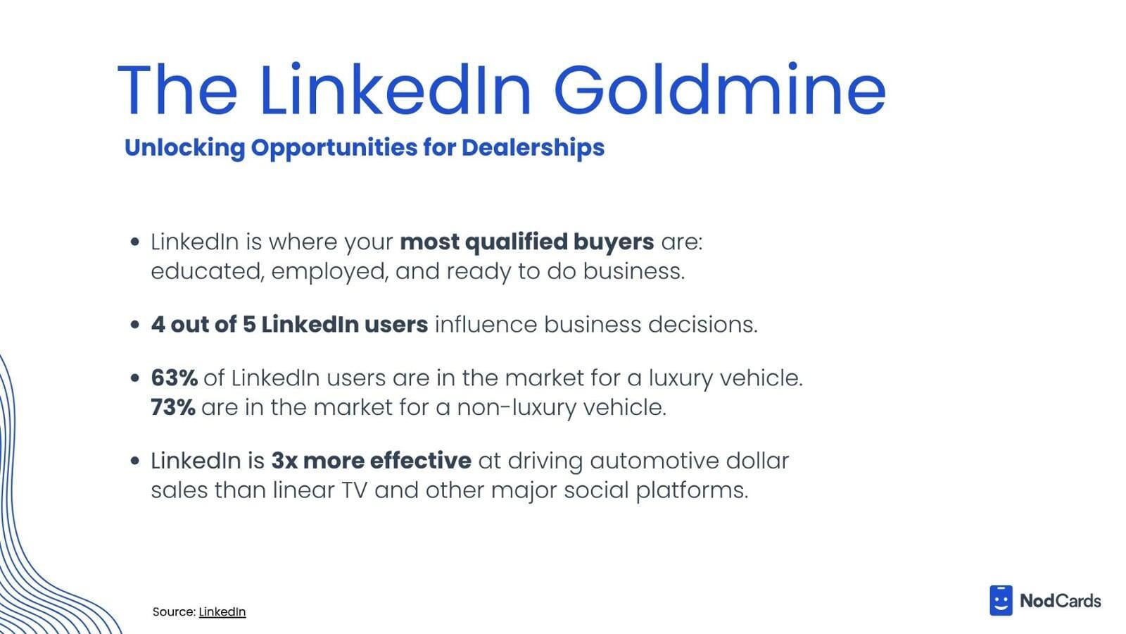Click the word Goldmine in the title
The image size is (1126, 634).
coord(719,89)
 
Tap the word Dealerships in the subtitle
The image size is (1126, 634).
coord(533,148)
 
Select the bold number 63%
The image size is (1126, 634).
coord(174,378)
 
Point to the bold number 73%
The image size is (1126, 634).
coord(173,407)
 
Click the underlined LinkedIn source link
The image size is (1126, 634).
coord(222,612)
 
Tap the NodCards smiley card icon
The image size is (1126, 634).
coord(1001,600)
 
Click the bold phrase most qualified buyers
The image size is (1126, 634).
coord(527,242)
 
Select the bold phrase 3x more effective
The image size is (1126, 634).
coord(372,461)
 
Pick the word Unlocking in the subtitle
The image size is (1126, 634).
coord(184,148)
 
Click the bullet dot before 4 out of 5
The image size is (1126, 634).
coord(134,325)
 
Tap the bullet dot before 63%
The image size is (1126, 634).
coord(134,378)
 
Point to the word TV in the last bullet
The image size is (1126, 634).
coord(355,490)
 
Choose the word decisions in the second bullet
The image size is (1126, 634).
coord(703,325)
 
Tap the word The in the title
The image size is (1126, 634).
coord(177,89)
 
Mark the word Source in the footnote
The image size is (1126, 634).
coord(174,612)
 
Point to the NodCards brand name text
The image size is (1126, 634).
coord(1060,601)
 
